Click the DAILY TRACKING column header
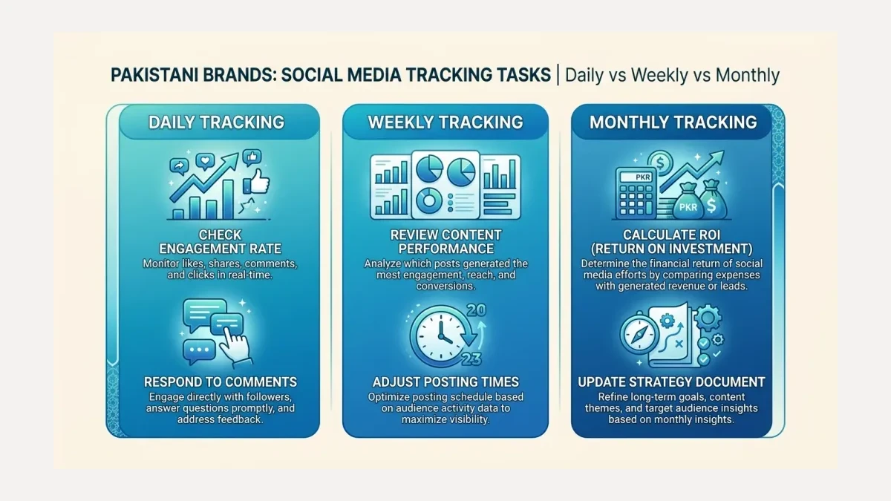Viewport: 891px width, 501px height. pyautogui.click(x=216, y=122)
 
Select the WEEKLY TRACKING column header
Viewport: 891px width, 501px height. pyautogui.click(x=446, y=122)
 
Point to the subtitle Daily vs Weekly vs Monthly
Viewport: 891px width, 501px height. pyautogui.click(x=672, y=75)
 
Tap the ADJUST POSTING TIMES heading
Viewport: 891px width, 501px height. pyautogui.click(x=446, y=382)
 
